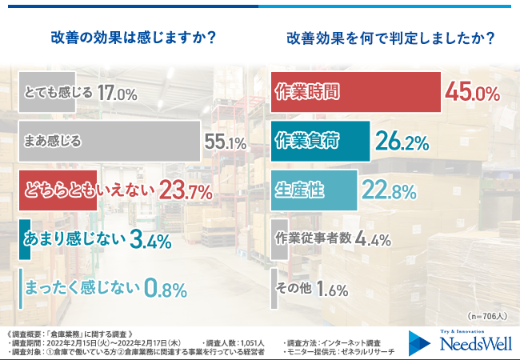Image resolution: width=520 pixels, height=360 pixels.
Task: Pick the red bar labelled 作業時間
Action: pyautogui.click(x=356, y=92)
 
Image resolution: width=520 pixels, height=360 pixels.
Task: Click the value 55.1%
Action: pyautogui.click(x=226, y=142)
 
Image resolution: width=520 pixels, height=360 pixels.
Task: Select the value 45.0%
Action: pyautogui.click(x=472, y=92)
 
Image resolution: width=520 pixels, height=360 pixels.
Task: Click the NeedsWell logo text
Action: pyautogui.click(x=473, y=345)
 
